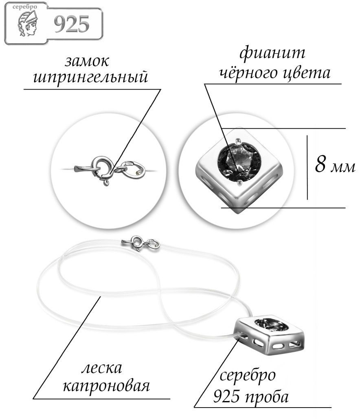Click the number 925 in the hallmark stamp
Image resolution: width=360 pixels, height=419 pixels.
pyautogui.click(x=72, y=24)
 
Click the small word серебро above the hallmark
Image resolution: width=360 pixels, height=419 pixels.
pyautogui.click(x=25, y=7)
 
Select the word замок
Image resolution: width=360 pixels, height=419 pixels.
pyautogui.click(x=87, y=61)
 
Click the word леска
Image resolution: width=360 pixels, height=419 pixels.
pyautogui.click(x=101, y=368)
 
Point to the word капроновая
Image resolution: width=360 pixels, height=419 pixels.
pyautogui.click(x=106, y=386)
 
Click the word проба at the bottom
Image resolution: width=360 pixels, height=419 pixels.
pyautogui.click(x=266, y=397)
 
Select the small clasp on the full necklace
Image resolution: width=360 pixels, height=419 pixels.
pyautogui.click(x=140, y=243)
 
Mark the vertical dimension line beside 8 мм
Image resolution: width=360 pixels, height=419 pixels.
pyautogui.click(x=307, y=168)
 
